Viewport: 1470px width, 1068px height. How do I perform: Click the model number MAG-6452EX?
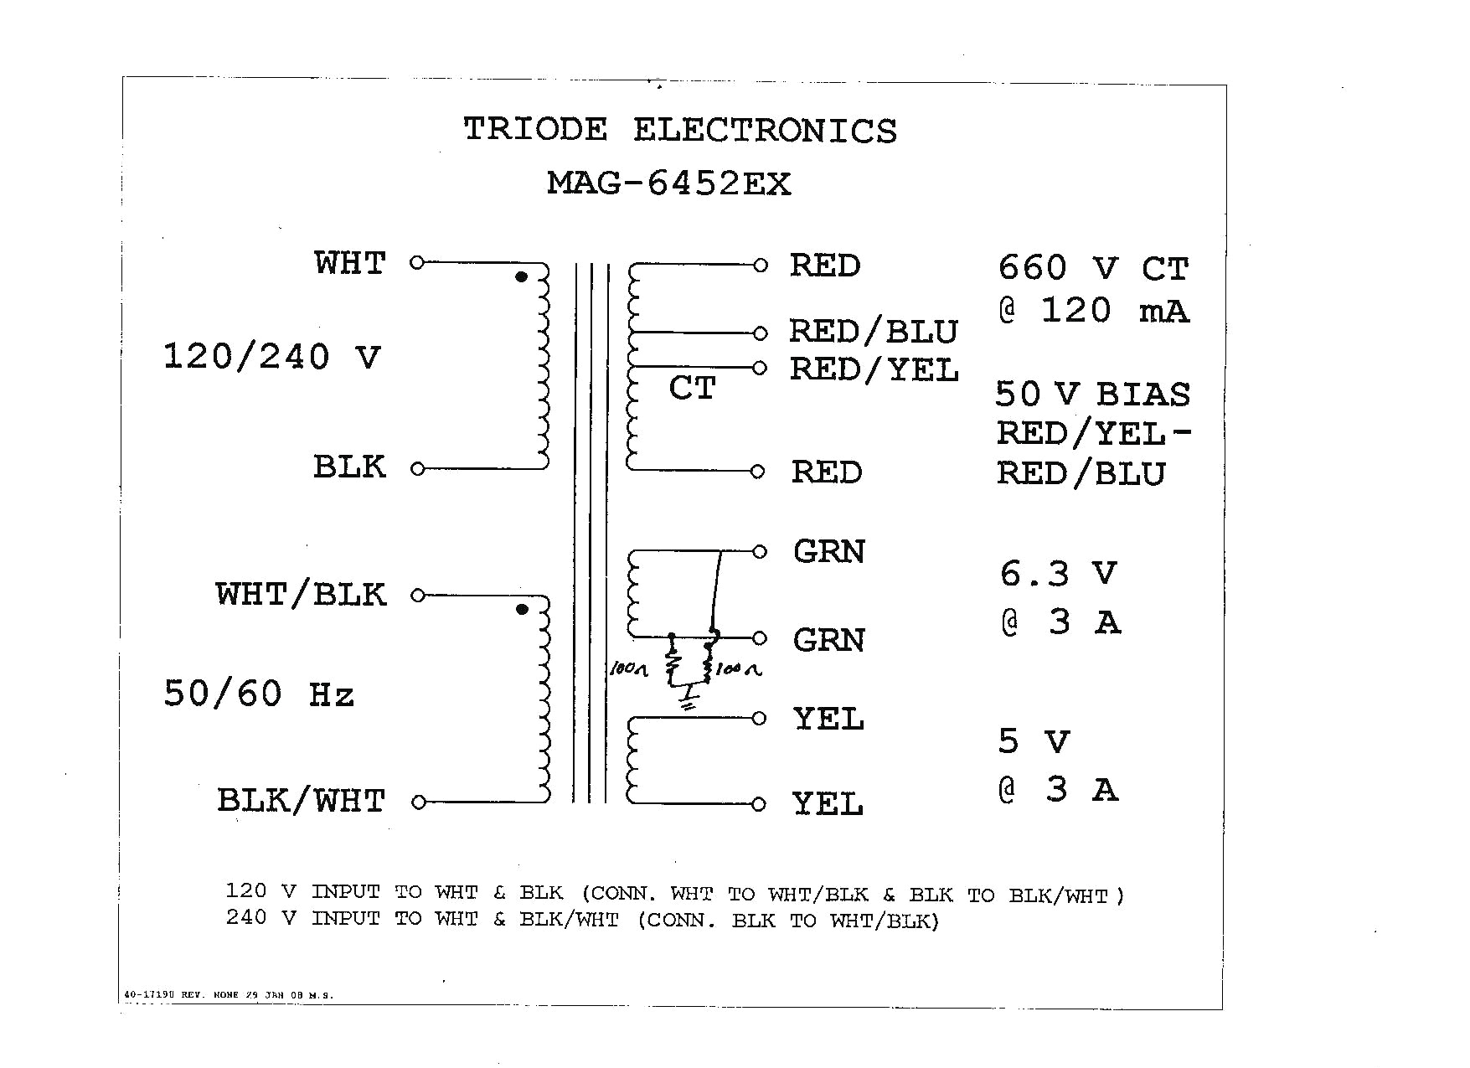[668, 183]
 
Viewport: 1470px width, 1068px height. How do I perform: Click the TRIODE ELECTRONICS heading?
[679, 131]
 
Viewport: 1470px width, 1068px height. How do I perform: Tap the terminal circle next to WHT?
[417, 263]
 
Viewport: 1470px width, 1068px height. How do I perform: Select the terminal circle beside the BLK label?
[417, 469]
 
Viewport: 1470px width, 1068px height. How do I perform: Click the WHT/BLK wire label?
[301, 595]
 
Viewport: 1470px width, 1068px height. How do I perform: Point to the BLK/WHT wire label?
[301, 801]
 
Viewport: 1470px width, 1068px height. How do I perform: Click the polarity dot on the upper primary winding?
[521, 277]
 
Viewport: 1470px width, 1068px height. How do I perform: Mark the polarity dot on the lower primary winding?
[522, 610]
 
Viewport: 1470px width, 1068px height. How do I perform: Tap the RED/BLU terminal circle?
[760, 333]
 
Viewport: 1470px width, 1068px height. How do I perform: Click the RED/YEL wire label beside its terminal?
[874, 369]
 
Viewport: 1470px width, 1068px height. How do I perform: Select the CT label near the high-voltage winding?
[692, 389]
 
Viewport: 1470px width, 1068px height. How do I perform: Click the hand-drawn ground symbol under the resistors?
[689, 700]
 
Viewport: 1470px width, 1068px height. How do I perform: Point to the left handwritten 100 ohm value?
[629, 669]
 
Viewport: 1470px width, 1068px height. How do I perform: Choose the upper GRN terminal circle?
[760, 551]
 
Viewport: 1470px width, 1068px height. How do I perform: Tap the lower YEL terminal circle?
[758, 804]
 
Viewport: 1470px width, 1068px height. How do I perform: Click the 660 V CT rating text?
[1093, 269]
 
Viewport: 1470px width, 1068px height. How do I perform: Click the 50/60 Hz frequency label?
[259, 694]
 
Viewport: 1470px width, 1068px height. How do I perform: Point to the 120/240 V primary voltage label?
[271, 358]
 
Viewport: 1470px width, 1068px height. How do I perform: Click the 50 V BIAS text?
[1092, 395]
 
